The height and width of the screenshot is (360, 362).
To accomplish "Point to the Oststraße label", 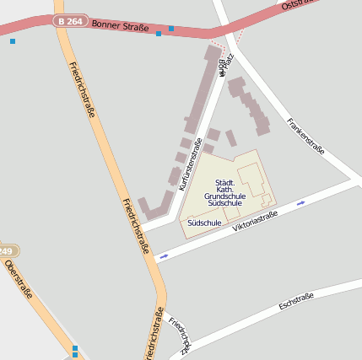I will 300,6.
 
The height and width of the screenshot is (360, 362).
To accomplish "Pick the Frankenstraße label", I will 305,137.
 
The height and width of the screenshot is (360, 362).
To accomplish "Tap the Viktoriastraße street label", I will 255,222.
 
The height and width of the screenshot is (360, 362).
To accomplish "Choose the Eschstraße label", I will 295,301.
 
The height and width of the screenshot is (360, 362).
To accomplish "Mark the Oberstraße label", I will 19,281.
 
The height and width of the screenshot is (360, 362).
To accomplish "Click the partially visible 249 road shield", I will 7,251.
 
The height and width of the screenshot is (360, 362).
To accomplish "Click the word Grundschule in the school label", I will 224,196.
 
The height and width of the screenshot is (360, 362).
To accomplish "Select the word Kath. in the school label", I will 224,190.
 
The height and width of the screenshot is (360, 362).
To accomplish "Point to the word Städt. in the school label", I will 224,183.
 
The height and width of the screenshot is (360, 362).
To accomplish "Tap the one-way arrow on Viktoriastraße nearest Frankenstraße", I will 301,203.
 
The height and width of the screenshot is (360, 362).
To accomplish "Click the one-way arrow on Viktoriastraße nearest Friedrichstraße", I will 164,255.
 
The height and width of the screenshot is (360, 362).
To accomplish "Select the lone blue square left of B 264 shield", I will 13,40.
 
